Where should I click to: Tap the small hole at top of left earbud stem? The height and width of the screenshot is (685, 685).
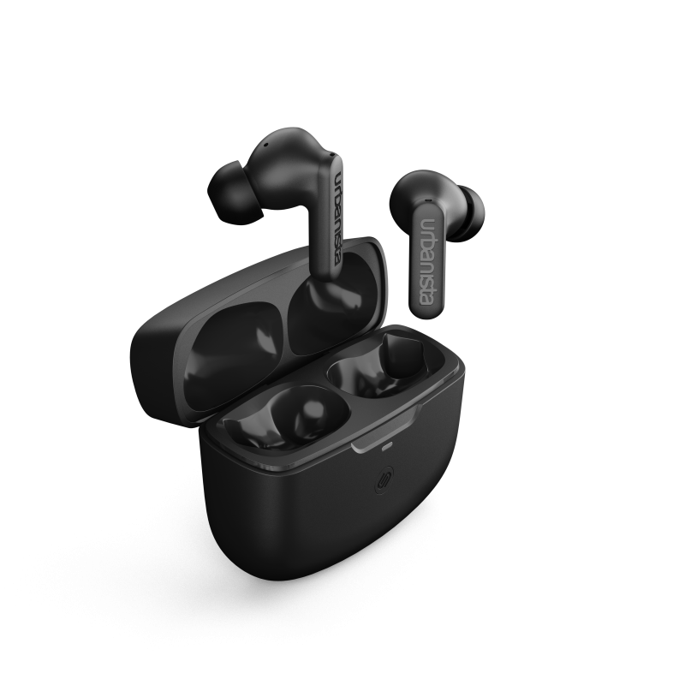[331, 154]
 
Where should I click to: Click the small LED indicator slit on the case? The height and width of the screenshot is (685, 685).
[388, 447]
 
